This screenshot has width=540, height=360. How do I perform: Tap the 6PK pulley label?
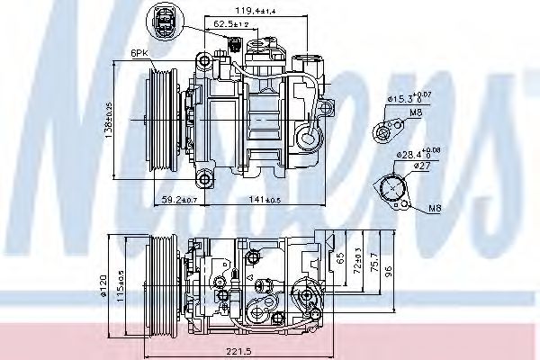tap(139, 54)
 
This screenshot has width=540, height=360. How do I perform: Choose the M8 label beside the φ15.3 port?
tap(416, 113)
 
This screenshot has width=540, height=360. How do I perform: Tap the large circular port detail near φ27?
tap(393, 190)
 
